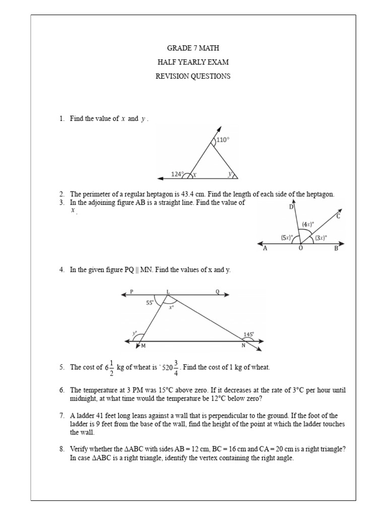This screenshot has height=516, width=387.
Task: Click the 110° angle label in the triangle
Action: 223,140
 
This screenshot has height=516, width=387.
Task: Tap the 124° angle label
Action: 176,174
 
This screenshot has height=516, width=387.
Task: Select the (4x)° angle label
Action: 307,224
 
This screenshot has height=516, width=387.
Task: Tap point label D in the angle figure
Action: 291,207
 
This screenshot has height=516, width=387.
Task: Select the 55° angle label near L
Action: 150,302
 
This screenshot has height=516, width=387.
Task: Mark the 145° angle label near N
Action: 248,334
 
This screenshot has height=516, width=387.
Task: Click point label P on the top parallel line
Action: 131,292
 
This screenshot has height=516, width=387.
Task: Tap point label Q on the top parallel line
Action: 217,292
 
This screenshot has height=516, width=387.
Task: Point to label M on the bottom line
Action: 144,346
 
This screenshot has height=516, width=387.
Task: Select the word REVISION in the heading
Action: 176,77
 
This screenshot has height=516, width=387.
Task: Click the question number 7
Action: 61,416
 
